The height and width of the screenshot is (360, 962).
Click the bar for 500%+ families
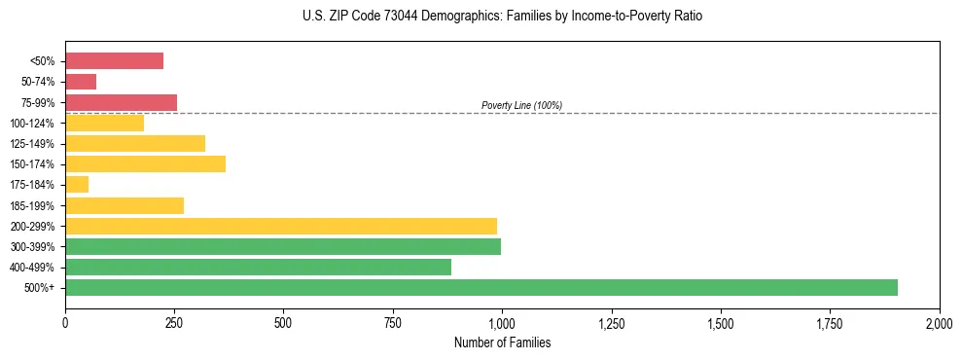point(481,287)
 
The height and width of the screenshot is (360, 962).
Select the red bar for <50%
point(114,60)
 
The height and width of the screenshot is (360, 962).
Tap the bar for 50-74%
point(81,82)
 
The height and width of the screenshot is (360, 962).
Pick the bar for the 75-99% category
point(121,102)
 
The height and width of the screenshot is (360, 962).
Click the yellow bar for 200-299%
point(281,226)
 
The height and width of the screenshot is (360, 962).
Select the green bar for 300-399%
point(283,246)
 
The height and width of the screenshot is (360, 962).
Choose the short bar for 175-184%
point(77,185)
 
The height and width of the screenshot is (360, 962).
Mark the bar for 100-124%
point(104,123)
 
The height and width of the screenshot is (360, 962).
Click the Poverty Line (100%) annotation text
point(521,105)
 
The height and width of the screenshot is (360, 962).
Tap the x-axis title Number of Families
point(502,342)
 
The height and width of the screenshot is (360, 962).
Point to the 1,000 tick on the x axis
point(502,322)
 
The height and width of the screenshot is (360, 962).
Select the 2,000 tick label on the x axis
point(939,322)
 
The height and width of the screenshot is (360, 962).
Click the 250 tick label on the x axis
point(174,322)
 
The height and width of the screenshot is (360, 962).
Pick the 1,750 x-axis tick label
point(830,322)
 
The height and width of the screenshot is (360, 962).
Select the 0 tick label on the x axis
point(65,322)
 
